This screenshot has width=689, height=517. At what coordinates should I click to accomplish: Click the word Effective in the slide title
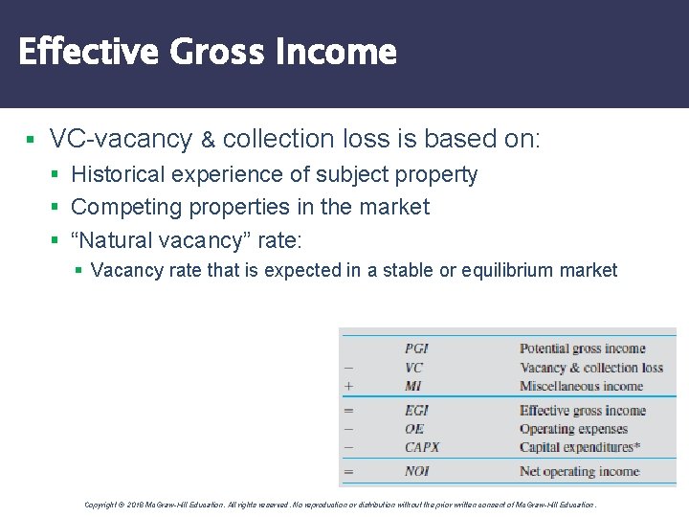click(89, 51)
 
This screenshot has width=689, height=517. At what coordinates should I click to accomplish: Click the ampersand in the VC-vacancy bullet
click(208, 140)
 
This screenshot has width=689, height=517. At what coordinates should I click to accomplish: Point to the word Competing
click(120, 207)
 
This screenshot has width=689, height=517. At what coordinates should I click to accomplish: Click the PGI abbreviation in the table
click(416, 348)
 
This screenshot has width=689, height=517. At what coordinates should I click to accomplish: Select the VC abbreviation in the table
click(413, 368)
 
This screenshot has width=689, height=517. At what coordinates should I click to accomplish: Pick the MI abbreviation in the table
click(412, 386)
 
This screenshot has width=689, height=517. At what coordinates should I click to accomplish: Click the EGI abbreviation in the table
click(416, 411)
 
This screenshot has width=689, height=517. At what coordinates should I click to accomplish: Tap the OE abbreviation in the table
click(413, 429)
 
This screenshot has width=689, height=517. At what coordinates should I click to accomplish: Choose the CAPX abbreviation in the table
click(422, 447)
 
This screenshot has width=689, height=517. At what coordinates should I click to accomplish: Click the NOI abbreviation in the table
click(416, 471)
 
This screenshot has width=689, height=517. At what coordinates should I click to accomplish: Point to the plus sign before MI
click(348, 386)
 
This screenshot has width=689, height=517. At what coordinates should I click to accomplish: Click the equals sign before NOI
click(348, 471)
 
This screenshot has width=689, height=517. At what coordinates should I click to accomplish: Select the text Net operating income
click(579, 471)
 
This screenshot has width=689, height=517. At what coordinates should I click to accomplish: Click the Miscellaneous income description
click(582, 386)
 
